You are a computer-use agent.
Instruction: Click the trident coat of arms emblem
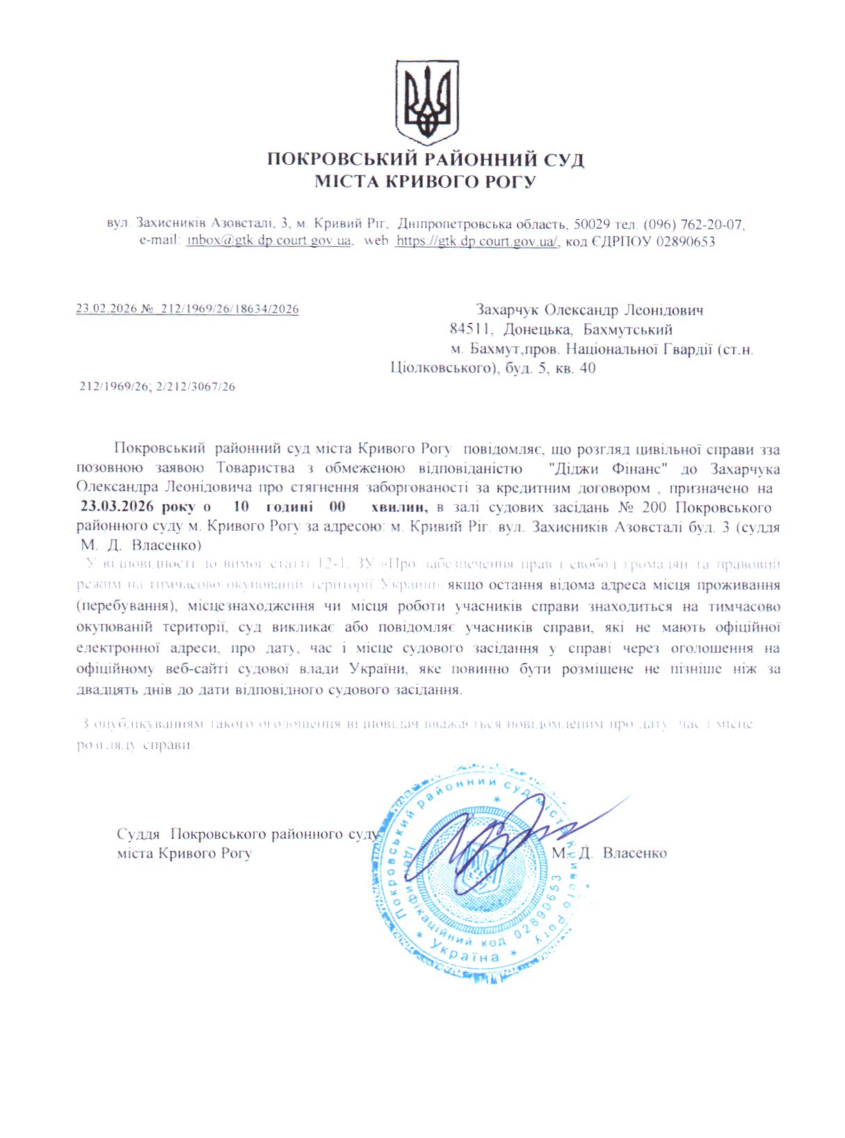pos(426,102)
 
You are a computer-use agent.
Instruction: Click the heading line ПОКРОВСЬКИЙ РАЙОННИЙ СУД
pos(426,160)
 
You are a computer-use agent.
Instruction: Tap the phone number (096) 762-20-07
pos(694,225)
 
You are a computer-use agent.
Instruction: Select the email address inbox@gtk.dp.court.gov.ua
pos(268,241)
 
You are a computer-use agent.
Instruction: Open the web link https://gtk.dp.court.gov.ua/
pos(476,241)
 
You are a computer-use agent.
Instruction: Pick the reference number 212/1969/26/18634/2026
pos(230,309)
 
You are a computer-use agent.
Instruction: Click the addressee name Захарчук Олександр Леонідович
pos(589,310)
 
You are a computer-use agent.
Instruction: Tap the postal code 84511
pos(472,329)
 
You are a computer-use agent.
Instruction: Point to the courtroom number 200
pos(654,507)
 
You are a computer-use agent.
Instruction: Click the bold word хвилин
pos(399,507)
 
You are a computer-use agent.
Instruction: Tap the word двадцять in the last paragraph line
pos(104,690)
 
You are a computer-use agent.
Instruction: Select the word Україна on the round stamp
pos(465,954)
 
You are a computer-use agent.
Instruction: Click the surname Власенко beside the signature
pos(634,853)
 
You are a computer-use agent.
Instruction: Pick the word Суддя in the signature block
pos(138,834)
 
